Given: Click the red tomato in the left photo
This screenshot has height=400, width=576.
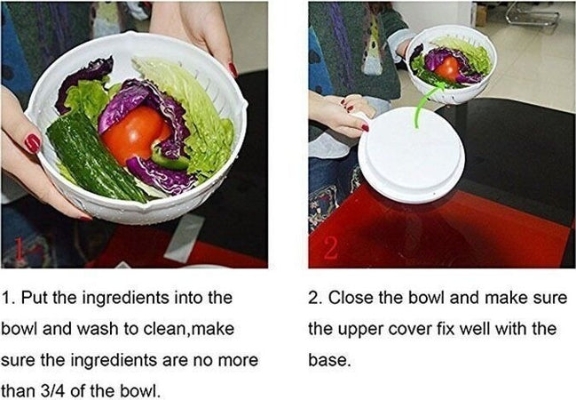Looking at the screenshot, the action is click(x=135, y=134).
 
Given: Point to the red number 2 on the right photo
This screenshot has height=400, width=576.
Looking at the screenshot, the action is click(x=330, y=248).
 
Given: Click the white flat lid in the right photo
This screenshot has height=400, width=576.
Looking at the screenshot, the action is click(x=412, y=155).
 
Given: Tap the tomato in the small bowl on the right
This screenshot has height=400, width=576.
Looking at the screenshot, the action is click(x=447, y=68).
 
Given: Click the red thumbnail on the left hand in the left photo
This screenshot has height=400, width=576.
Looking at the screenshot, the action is click(x=32, y=143).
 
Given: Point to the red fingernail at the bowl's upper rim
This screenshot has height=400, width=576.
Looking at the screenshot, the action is click(x=233, y=69).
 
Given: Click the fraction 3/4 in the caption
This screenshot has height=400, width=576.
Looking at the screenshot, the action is click(x=54, y=391).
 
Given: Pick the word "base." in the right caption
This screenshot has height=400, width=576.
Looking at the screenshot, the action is click(x=329, y=360).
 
